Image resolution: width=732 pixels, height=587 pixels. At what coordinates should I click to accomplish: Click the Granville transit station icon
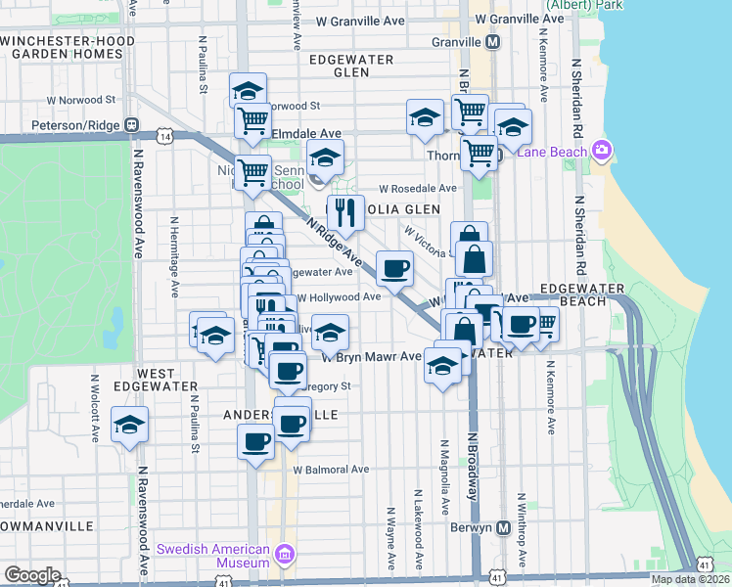(x=493, y=42)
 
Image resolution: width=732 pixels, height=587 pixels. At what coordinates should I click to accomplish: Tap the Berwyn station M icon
(x=504, y=527)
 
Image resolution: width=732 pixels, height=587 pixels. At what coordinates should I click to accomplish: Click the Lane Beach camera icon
(x=601, y=151)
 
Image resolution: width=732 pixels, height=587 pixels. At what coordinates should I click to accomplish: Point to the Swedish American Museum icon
(x=285, y=555)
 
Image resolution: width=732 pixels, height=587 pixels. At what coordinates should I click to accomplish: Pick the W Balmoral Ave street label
(x=332, y=469)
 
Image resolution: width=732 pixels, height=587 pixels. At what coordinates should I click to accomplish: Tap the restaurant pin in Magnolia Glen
(x=344, y=211)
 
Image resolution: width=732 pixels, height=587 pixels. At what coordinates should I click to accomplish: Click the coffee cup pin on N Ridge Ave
(x=394, y=268)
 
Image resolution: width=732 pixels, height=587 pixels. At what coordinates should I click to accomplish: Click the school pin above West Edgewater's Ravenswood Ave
(x=129, y=425)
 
